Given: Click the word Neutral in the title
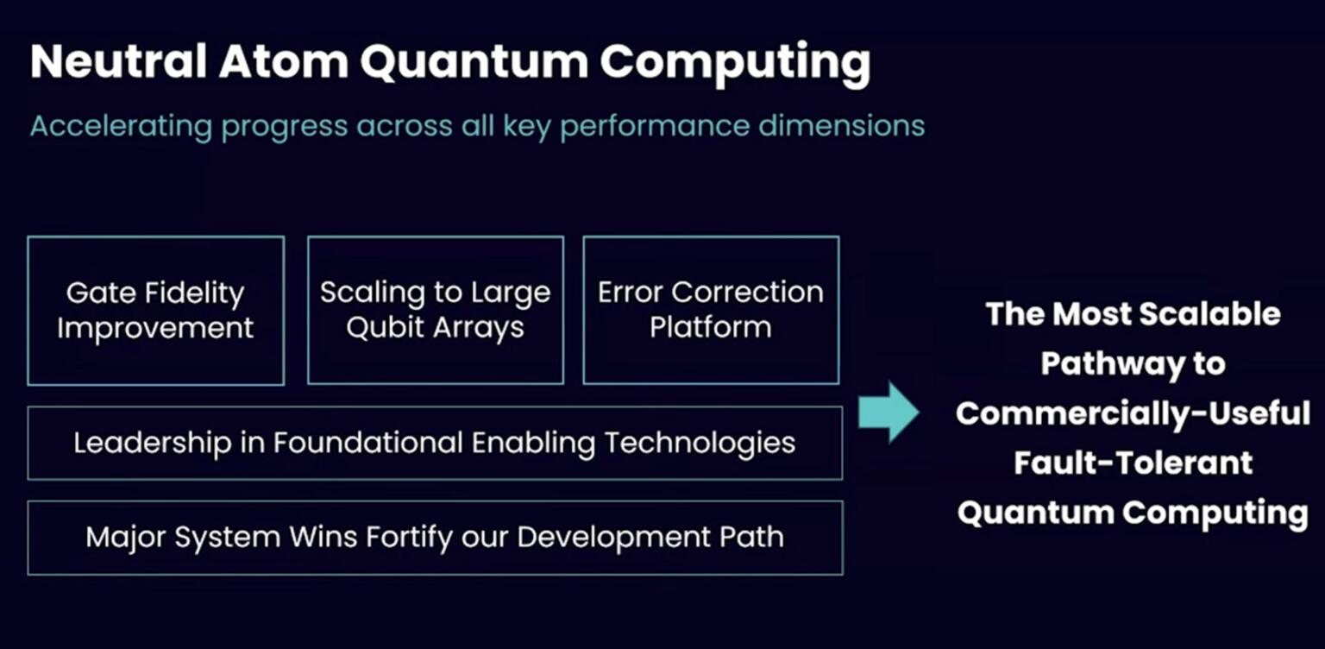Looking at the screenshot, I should click(118, 62).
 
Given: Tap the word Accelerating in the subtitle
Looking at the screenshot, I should click(121, 127).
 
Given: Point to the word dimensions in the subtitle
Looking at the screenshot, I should click(842, 126).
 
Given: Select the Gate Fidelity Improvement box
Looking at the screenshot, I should click(155, 311).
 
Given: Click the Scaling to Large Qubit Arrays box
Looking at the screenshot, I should click(435, 311).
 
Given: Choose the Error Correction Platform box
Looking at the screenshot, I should click(711, 310).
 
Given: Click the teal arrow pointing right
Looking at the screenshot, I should click(889, 413).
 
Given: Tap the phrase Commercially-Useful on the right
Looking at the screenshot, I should click(1133, 414).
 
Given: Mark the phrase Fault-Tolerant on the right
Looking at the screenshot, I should click(1133, 463).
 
